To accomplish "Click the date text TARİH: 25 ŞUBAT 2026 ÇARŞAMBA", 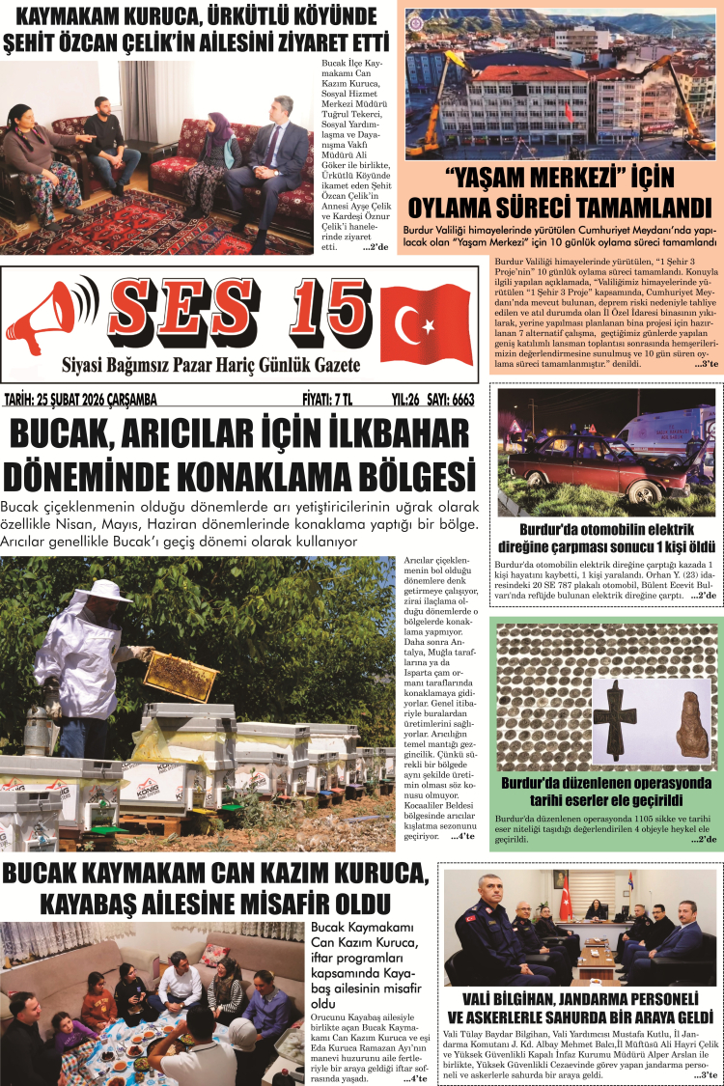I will [x=83, y=400].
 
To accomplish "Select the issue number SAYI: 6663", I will [x=450, y=400].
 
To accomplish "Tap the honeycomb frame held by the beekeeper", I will [x=178, y=676].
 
